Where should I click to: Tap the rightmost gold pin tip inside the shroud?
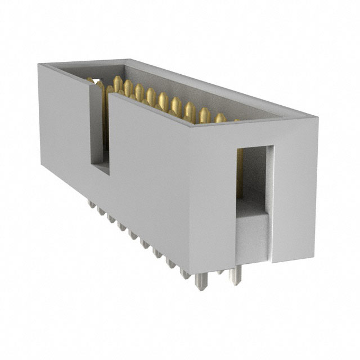tap(220, 118)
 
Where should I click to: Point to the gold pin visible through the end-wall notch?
tap(240, 174)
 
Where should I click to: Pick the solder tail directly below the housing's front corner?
tap(200, 281)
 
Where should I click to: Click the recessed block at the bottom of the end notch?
tap(252, 236)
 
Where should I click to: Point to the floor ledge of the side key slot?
tap(101, 168)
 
